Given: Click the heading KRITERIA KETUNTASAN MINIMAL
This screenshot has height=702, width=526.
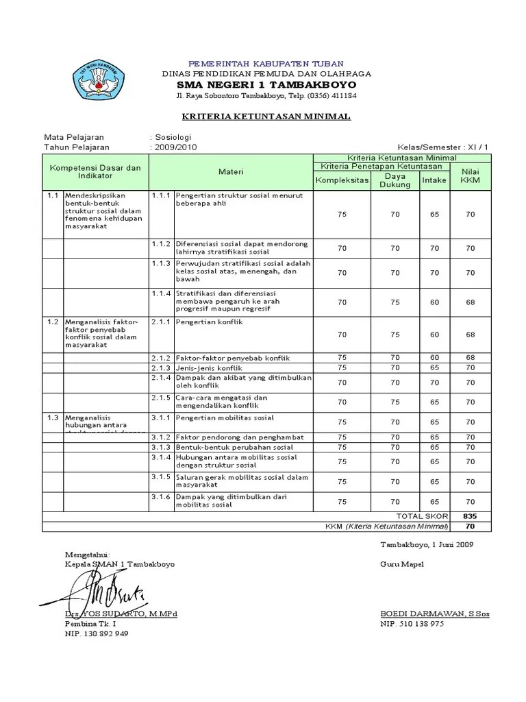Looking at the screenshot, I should pos(267,117).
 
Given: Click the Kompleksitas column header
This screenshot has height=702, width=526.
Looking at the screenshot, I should pos(342,180).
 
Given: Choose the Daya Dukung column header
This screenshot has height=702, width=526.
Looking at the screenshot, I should pos(395,180).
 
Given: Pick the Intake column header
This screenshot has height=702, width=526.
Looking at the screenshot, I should pos(434,180).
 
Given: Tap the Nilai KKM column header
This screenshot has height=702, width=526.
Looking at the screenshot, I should pos(470,175).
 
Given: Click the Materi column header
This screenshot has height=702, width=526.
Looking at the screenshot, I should pos(231,171).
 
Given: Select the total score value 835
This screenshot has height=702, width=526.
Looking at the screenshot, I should pos(470,516).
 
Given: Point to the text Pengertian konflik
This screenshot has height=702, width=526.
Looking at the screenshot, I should pos(209,322).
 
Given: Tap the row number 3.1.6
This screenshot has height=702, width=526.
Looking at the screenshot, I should pos(160,496).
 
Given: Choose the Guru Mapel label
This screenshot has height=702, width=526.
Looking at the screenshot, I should pos(402,564).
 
